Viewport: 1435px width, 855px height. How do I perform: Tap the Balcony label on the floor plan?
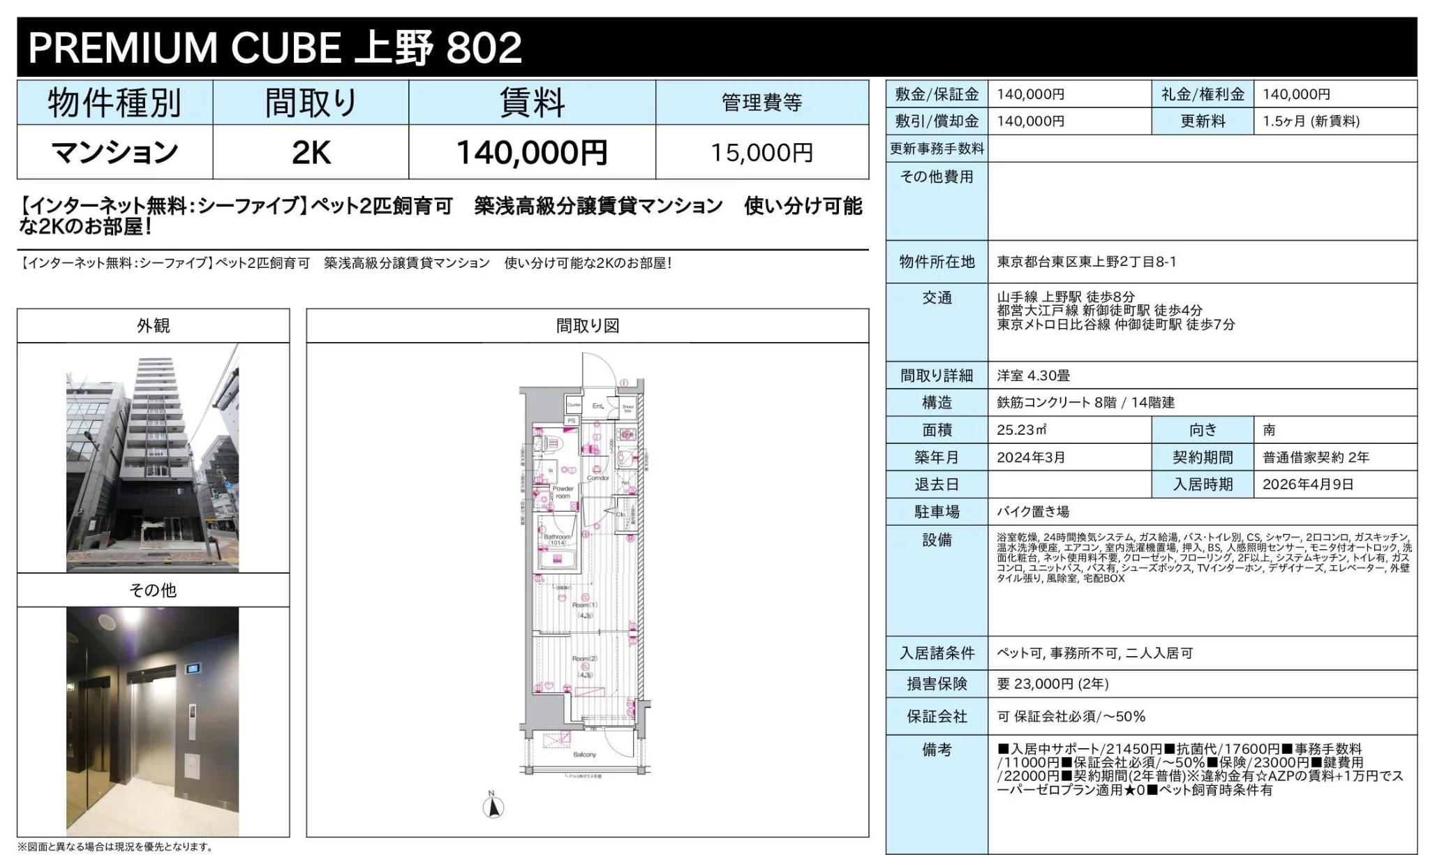pos(584,754)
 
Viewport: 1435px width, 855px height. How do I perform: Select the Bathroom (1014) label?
pos(557,540)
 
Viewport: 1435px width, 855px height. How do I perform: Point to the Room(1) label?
pos(584,609)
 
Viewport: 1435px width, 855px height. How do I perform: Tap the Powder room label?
pos(563,492)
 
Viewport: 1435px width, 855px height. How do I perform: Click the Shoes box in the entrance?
pos(627,408)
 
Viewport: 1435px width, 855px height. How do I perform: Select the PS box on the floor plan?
pos(572,421)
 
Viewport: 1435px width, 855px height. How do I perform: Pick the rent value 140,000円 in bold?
pos(531,153)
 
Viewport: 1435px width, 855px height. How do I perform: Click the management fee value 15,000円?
pos(761,153)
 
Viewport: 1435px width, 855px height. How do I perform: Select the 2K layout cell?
pos(311,153)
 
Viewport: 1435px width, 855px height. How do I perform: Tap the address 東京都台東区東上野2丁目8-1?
pos(1086,262)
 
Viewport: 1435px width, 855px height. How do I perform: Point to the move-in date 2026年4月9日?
pos(1307,484)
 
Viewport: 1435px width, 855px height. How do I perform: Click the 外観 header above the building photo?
pos(153,326)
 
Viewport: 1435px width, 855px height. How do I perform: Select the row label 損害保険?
pos(937,684)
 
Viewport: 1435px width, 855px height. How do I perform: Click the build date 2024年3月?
pos(1030,457)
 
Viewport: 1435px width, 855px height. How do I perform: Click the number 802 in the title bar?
pos(484,47)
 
